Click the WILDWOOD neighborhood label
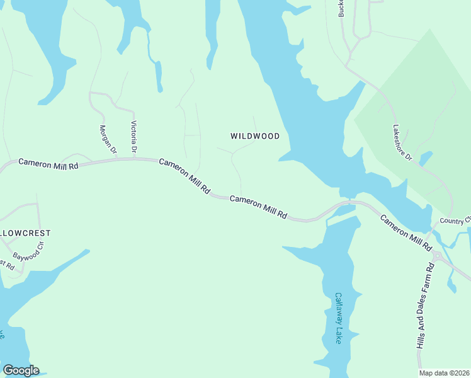point(254,136)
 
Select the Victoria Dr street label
point(133,138)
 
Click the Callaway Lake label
point(338,318)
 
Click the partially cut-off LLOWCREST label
point(25,233)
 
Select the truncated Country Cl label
point(455,220)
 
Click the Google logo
point(20,370)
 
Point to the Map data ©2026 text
point(445,373)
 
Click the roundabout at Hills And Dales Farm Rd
point(436,255)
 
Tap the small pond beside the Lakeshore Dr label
point(426,157)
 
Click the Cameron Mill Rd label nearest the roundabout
point(406,231)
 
